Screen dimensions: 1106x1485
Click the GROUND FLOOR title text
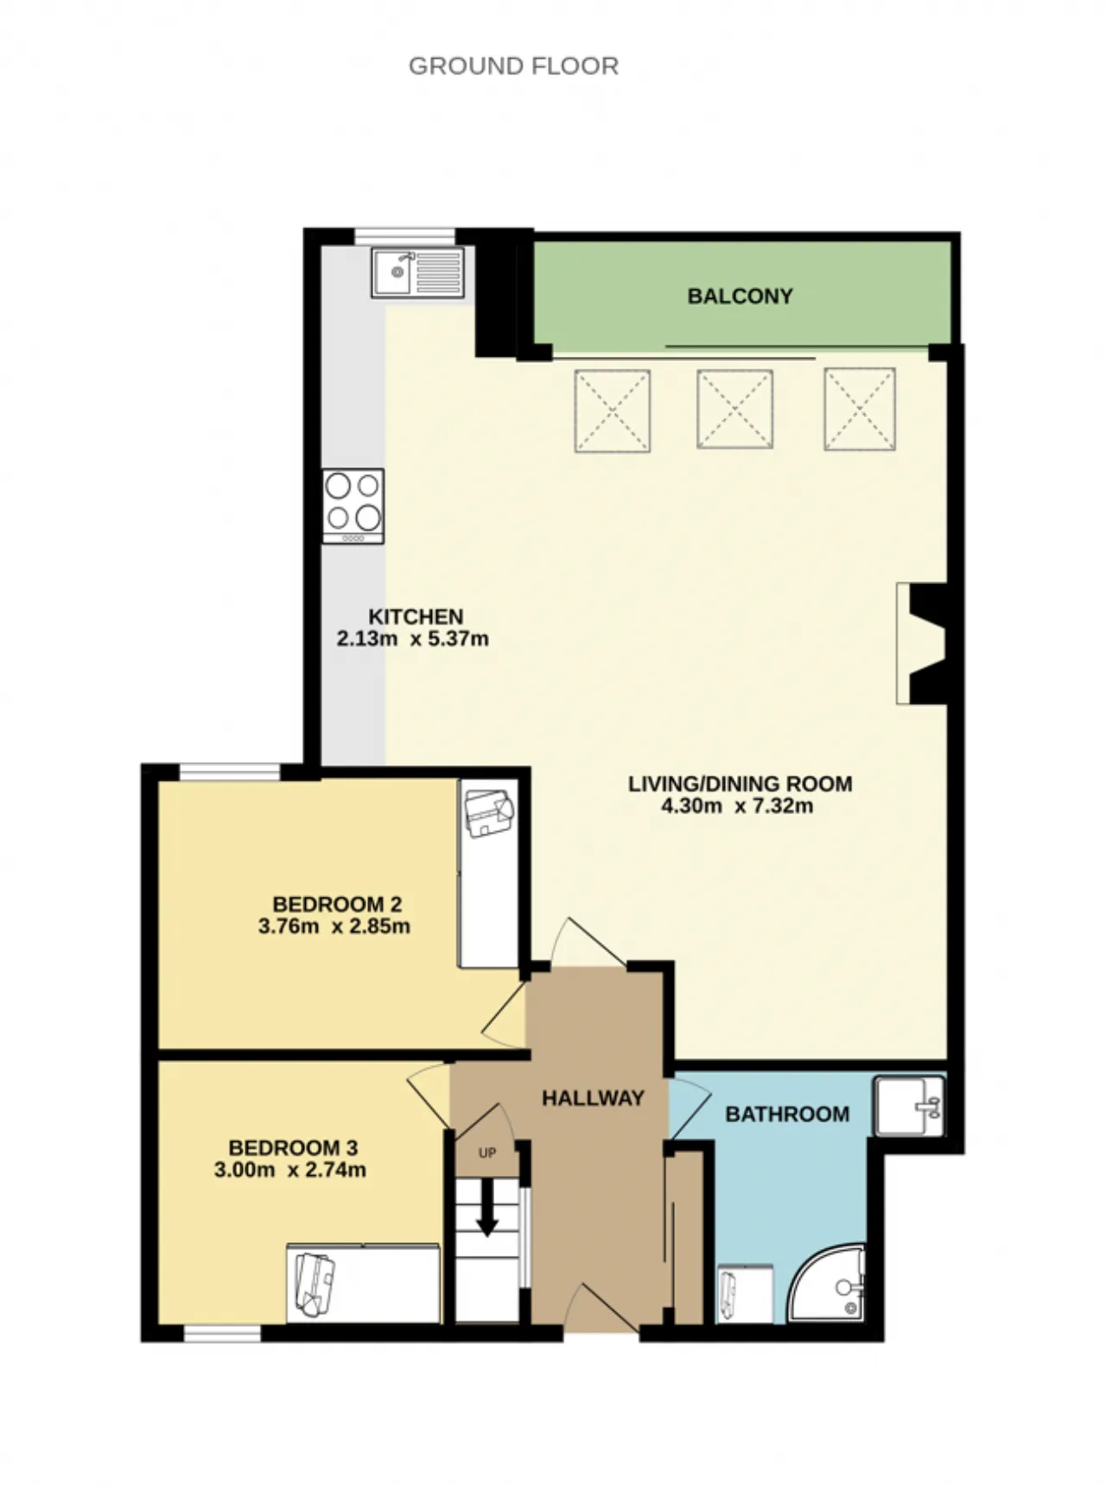[x=513, y=67]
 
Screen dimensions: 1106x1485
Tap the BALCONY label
[x=740, y=296]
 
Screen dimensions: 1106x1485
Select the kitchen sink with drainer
[x=417, y=272]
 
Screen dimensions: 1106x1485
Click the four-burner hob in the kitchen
[x=353, y=506]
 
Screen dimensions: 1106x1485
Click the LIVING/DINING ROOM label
[x=740, y=784]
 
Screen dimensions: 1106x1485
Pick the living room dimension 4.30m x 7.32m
[x=736, y=806]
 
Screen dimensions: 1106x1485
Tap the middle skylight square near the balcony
[x=734, y=409]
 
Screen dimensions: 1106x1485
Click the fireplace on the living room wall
[x=921, y=643]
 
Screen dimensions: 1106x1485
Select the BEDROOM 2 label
[x=337, y=904]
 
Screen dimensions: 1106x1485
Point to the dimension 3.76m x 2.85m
[x=334, y=927]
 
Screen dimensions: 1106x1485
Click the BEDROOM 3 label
[x=293, y=1148]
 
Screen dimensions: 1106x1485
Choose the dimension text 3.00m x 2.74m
[x=290, y=1171]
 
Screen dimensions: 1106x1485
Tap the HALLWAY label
[x=593, y=1098]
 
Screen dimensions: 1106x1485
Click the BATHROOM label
[x=787, y=1114]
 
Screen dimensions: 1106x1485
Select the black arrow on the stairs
[x=487, y=1207]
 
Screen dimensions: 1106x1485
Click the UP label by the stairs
[x=487, y=1153]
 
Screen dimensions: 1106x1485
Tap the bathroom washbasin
[x=908, y=1106]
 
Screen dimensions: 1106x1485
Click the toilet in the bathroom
[x=745, y=1293]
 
